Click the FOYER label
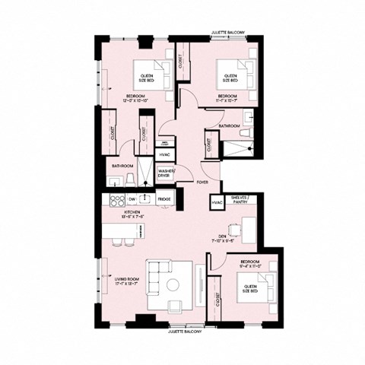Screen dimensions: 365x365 202,182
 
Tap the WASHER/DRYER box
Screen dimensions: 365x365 166,173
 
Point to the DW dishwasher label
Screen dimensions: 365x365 132,199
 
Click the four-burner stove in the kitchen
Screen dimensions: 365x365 118,201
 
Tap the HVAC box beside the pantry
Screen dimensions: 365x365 217,202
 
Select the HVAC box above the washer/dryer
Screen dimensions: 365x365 164,155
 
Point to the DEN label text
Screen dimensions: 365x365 222,236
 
